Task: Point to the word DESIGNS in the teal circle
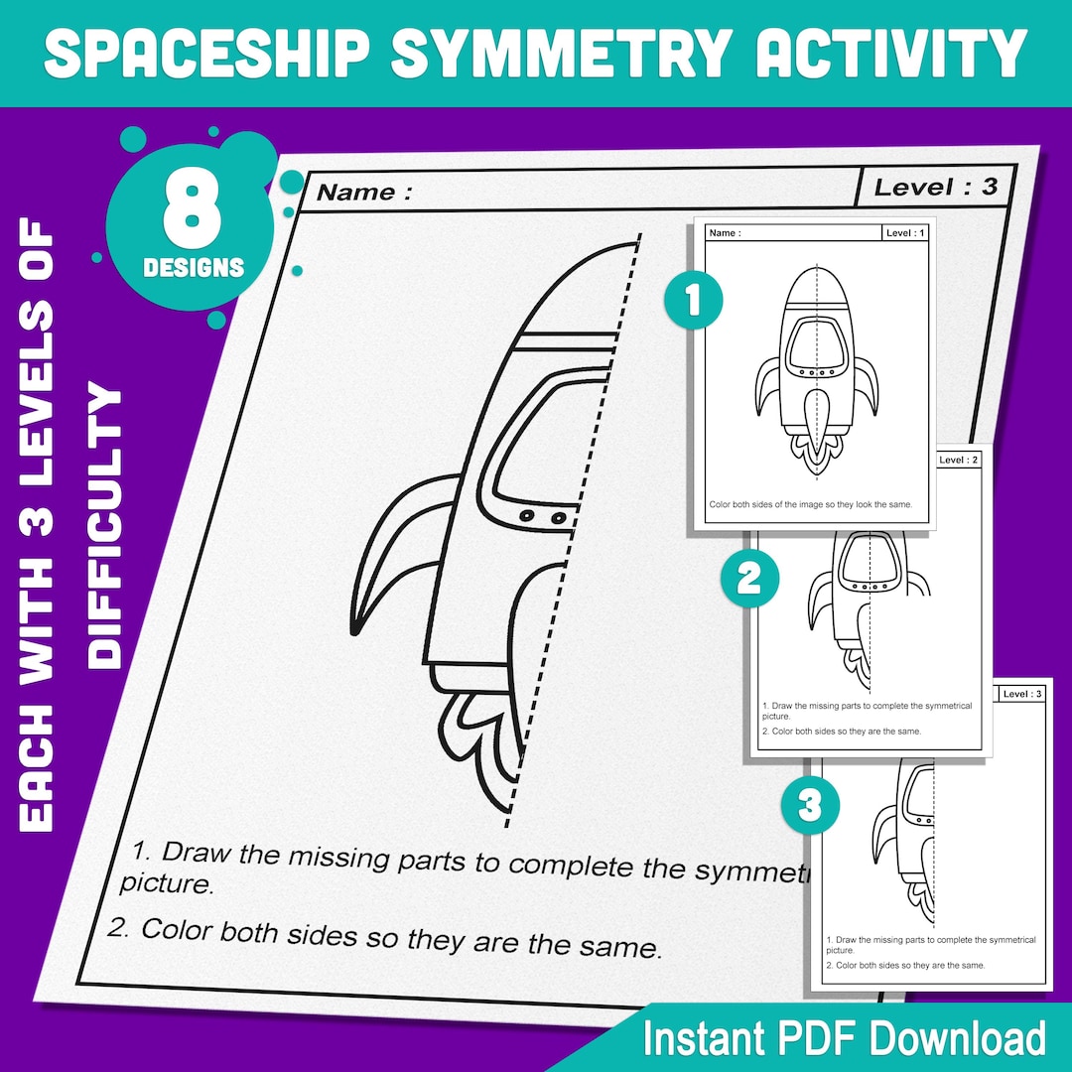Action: (x=193, y=267)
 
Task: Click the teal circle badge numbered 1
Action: (x=692, y=301)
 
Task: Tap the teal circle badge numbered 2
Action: (x=748, y=579)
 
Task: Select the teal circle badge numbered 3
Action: (x=810, y=805)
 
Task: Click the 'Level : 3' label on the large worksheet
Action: (x=935, y=186)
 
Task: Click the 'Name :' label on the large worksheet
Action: (x=364, y=192)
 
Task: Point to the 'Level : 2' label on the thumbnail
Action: (x=958, y=461)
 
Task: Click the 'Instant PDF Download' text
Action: (x=844, y=1038)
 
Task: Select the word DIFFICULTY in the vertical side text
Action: (x=105, y=526)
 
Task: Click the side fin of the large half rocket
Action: (x=397, y=556)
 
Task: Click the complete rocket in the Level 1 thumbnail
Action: (x=816, y=367)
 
